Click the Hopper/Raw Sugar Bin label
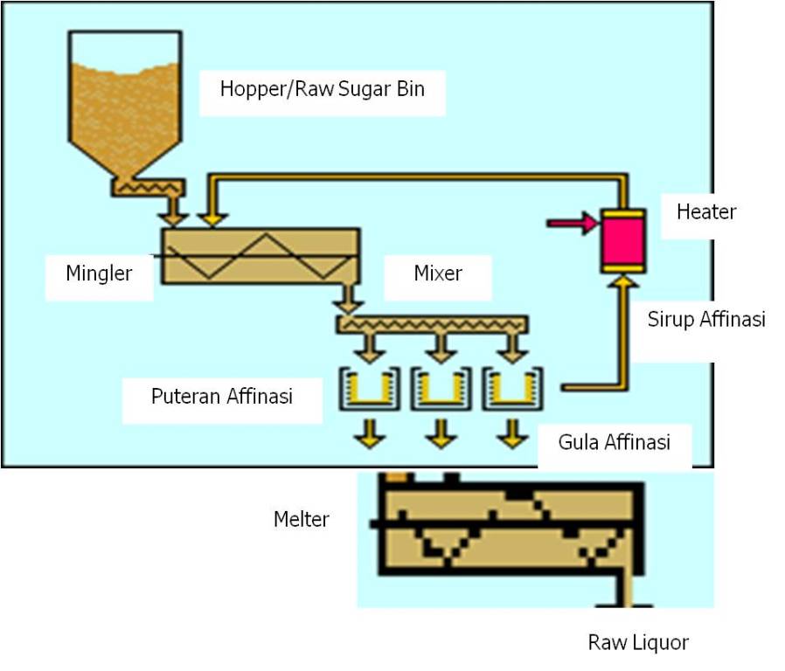(x=322, y=88)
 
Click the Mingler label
(x=99, y=273)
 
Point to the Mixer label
(x=438, y=273)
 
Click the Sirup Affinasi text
(x=706, y=319)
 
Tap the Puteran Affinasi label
(x=221, y=396)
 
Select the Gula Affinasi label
(x=614, y=442)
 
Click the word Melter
(x=302, y=520)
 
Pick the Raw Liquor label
(x=638, y=643)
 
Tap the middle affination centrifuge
(x=442, y=390)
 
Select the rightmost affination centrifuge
(x=513, y=390)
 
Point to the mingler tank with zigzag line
(x=260, y=255)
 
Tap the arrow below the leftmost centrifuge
(x=372, y=433)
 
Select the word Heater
(x=706, y=211)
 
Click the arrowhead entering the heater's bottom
(x=622, y=281)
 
